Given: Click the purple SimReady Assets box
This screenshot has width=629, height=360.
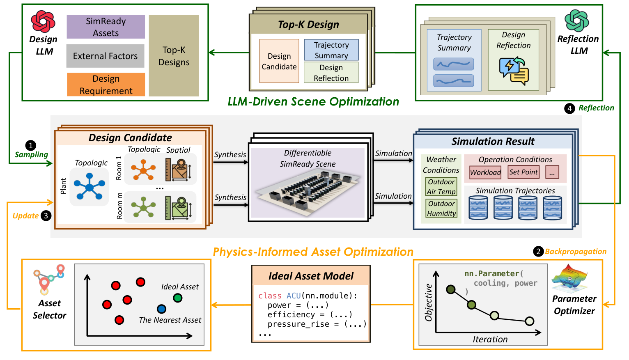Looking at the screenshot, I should coord(106,27).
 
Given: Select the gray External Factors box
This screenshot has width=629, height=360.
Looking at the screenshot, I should coord(105,56).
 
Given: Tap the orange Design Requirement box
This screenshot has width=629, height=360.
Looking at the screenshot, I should coord(106,85).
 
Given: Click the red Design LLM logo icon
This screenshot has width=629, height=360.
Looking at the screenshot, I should coord(43,22).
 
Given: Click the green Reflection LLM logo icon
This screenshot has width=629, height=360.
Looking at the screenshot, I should coord(576,21).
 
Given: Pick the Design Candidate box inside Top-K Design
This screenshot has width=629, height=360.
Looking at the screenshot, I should coord(279,61).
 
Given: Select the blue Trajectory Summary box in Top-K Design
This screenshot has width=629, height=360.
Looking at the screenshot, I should coord(331,50).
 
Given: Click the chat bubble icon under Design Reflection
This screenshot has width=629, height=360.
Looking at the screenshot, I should coord(514,71).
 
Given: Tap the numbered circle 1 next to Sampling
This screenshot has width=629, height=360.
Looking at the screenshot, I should coord(31,145).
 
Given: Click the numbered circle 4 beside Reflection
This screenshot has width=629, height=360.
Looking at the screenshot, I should coord(569,108).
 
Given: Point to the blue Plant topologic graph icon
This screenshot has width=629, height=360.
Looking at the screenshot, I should coord(89,187).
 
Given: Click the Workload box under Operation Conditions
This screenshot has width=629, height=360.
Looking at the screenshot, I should coord(485,172).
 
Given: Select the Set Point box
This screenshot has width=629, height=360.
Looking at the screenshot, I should coord(523,172).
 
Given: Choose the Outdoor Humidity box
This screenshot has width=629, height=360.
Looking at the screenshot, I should coord(441,209).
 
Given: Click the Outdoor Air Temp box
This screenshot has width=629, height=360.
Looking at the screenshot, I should coord(441,187).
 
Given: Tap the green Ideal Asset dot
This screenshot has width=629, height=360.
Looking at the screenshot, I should coord(178,298).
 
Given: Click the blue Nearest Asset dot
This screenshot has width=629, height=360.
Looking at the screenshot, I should coord(161,309).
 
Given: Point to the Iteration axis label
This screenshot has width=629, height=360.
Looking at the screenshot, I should coord(490,339).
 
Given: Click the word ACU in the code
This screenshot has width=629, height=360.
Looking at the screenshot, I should coord(294,296).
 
